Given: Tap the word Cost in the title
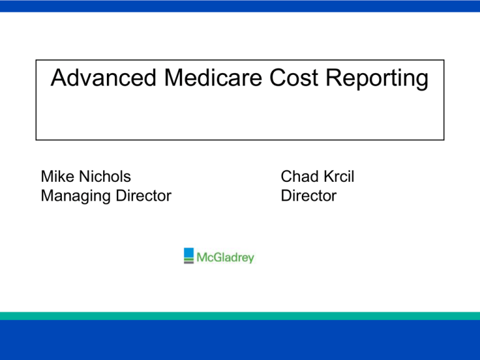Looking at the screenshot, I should pos(281,79).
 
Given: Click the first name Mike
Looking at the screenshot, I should pos(57,176).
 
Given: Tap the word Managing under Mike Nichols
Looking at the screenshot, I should pos(72,196).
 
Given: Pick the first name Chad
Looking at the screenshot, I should pos(299,176).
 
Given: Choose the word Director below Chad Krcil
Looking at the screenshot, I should pos(309,196).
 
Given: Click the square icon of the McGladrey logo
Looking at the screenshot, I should pos(189,256).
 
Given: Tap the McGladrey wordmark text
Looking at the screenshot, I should pos(226,257).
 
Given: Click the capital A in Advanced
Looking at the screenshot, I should pos(58,79).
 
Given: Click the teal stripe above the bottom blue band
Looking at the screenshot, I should pos(240,316).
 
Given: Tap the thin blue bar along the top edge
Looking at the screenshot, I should pos(240,6).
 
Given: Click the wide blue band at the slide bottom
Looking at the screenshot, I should pos(240,341).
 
